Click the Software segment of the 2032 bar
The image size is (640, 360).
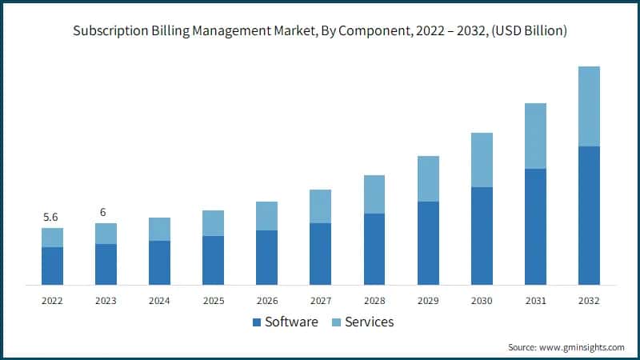pos(589,215)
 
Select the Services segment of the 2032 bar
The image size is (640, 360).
pos(589,106)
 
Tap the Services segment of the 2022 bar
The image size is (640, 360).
pos(52,238)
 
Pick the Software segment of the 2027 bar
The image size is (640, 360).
pos(320,254)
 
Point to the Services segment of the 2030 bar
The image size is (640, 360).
pos(482,160)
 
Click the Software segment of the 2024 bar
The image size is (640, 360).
pos(159,262)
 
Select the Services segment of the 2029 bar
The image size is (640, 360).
pos(428,178)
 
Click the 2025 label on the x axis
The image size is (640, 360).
pos(213,301)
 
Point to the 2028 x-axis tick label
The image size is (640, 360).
pos(374,301)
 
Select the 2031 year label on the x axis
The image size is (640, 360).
pos(535,301)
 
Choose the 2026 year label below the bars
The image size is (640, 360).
pos(266,301)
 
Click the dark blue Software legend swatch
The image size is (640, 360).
pos(257,322)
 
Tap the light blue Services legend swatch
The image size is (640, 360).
pos(338,322)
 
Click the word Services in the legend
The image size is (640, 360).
pos(370,322)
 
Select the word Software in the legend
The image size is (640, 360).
pos(291,322)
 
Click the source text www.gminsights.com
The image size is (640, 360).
pos(582,347)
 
